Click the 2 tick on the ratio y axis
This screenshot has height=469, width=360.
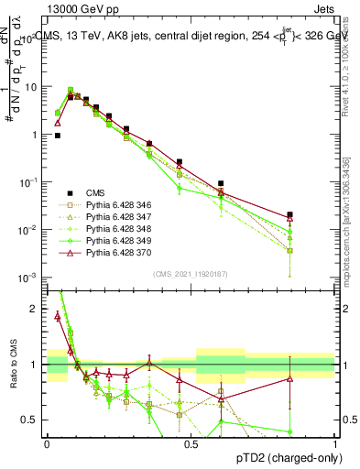pyautogui.click(x=36, y=309)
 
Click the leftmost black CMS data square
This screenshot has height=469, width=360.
pyautogui.click(x=57, y=136)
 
